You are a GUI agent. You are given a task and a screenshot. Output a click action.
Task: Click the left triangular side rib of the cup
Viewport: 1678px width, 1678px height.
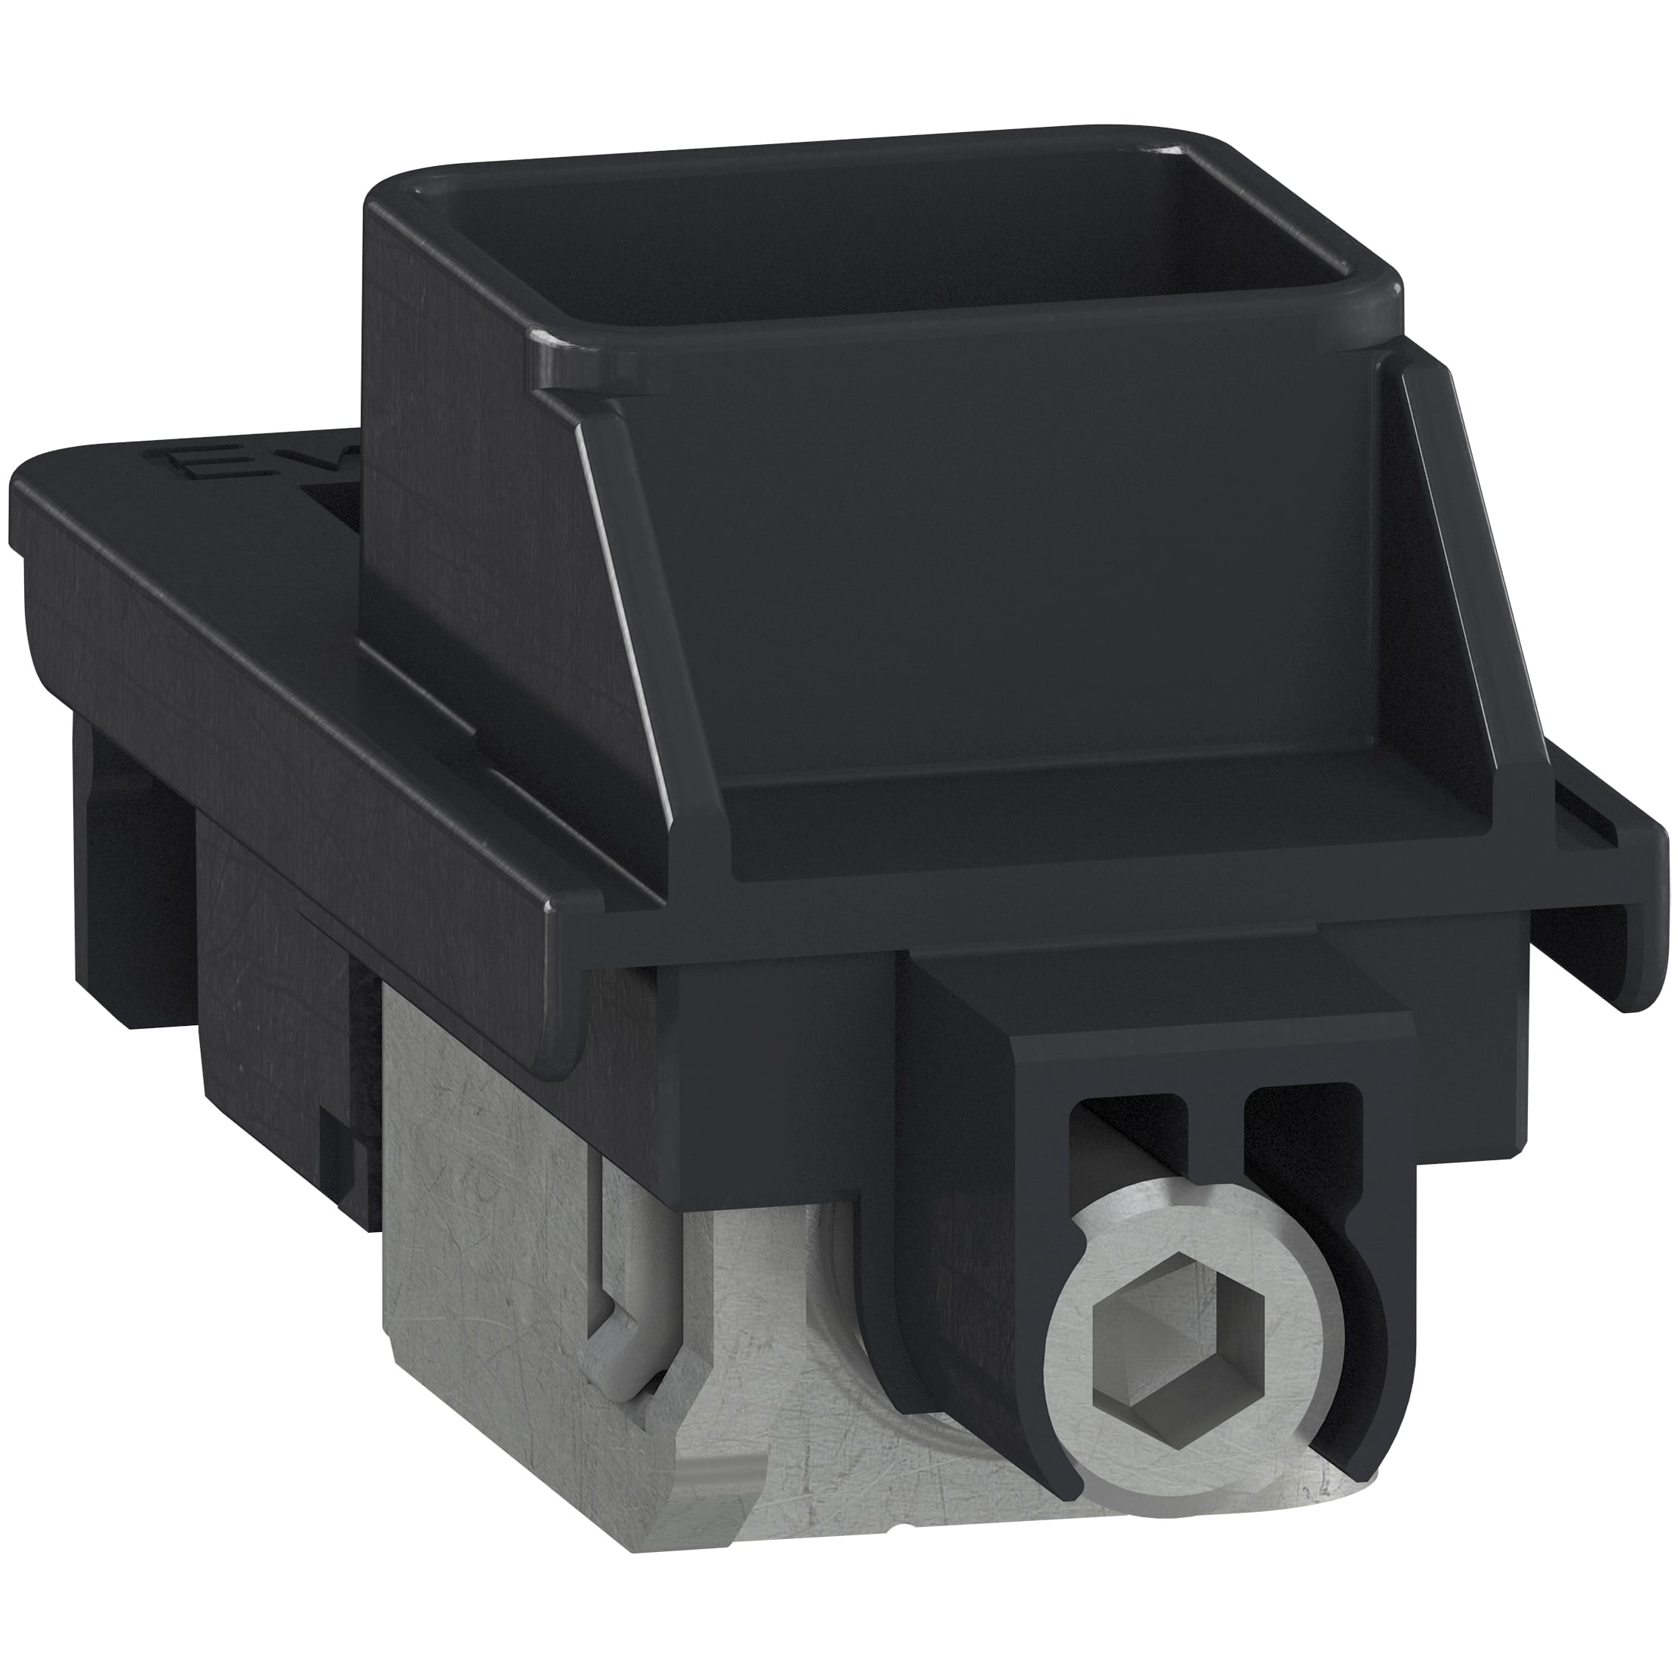click(651, 608)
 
